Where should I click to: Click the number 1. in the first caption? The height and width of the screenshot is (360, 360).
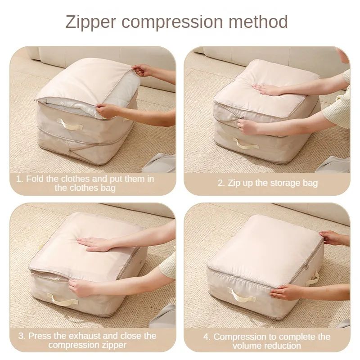pos(19,179)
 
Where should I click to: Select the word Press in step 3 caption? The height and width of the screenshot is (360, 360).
pos(41,336)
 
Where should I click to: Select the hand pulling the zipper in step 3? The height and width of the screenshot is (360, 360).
pos(81,288)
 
